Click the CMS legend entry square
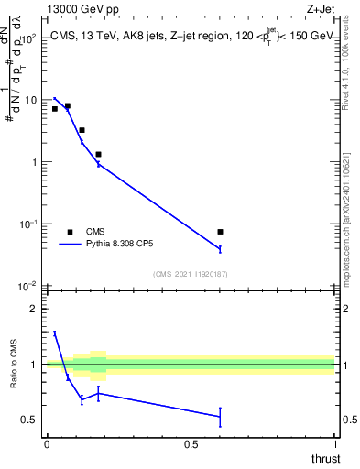(x=70, y=232)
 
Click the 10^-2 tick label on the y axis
(x=28, y=286)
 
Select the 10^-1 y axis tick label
(x=28, y=224)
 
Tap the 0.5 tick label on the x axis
(x=191, y=444)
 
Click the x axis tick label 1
(x=334, y=444)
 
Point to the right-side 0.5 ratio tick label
(x=349, y=420)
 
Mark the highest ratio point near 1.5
(x=55, y=334)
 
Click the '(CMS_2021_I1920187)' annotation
(x=190, y=274)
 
